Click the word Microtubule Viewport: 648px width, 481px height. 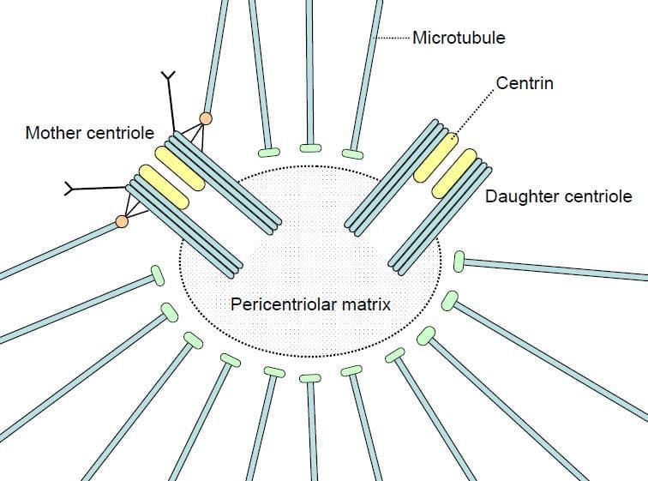[x=459, y=38]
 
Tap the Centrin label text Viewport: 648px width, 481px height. [x=525, y=83]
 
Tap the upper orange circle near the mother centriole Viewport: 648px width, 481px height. [x=206, y=117]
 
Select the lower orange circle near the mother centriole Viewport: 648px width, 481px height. [x=122, y=222]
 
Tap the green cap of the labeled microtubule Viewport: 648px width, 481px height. [x=352, y=153]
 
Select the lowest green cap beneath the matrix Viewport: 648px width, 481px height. [x=309, y=378]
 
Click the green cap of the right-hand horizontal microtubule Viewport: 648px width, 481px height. [x=459, y=259]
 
